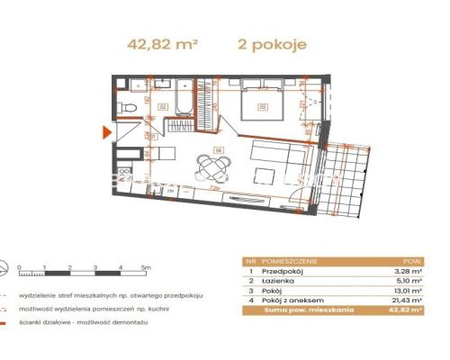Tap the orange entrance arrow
(107, 134)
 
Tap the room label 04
(217, 148)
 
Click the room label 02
(163, 106)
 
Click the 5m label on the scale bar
(145, 267)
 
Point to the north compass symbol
(8, 267)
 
